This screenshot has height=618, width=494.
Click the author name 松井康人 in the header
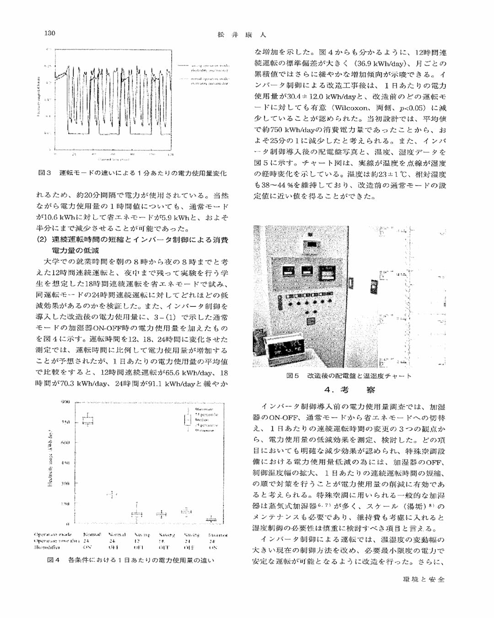coord(241,34)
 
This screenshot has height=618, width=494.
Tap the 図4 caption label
coord(54,560)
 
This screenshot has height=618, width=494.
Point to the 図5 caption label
coord(292,376)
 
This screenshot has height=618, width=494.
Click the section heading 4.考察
coord(349,390)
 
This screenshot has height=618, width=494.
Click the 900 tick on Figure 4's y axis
coord(66,402)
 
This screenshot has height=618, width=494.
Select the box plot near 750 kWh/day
coord(87,420)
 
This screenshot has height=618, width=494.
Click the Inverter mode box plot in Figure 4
coord(211,519)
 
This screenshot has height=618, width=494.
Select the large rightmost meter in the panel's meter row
coord(326,274)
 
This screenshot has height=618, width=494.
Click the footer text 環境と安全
coord(423,579)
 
